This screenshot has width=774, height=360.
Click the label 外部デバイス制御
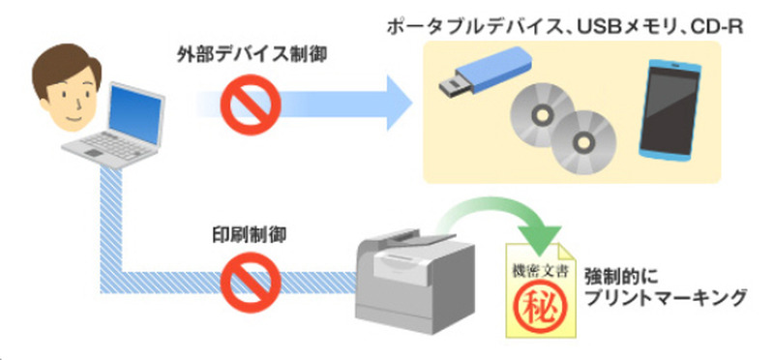pyautogui.click(x=252, y=55)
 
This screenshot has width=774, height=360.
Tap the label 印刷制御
pyautogui.click(x=250, y=234)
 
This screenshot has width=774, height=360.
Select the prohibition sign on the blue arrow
pyautogui.click(x=251, y=105)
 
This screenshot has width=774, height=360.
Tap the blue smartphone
pyautogui.click(x=671, y=108)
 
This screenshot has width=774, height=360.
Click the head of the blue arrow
pyautogui.click(x=400, y=103)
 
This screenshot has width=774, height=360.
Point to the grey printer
pyautogui.click(x=416, y=283)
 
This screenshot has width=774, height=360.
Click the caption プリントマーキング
pyautogui.click(x=664, y=298)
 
